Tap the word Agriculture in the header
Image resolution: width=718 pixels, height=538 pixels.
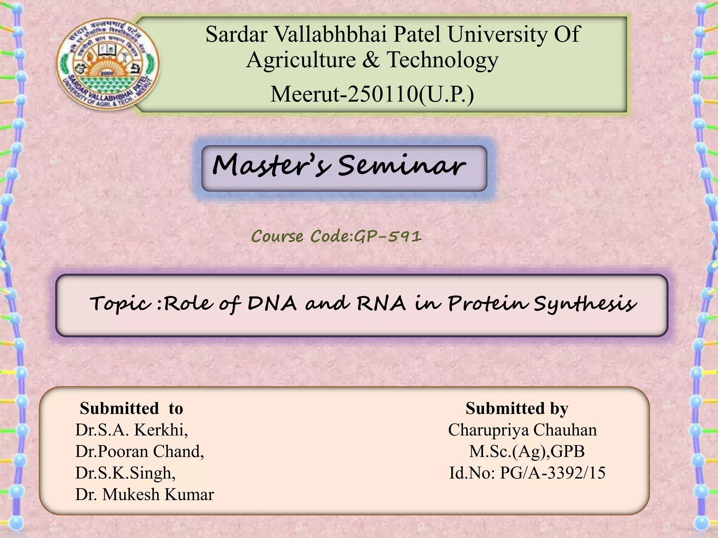click(x=301, y=60)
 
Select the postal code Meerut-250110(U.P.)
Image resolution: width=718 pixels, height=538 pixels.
click(x=372, y=94)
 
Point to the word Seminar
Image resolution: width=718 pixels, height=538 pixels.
click(x=401, y=165)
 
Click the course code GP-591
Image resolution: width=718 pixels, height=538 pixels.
click(x=388, y=236)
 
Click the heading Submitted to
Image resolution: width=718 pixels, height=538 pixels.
click(x=131, y=408)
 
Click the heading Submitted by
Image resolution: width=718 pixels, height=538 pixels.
click(x=517, y=408)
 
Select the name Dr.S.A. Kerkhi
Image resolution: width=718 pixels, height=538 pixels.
click(x=131, y=430)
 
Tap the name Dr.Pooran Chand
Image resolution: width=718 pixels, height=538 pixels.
click(x=140, y=451)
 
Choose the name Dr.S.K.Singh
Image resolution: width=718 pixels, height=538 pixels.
click(x=125, y=473)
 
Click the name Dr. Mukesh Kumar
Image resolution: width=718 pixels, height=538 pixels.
click(x=144, y=494)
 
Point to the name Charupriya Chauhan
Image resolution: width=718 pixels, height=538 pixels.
click(x=522, y=430)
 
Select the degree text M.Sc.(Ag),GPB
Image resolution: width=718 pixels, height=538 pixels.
click(x=527, y=451)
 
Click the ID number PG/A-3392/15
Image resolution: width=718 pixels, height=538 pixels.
click(x=553, y=473)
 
